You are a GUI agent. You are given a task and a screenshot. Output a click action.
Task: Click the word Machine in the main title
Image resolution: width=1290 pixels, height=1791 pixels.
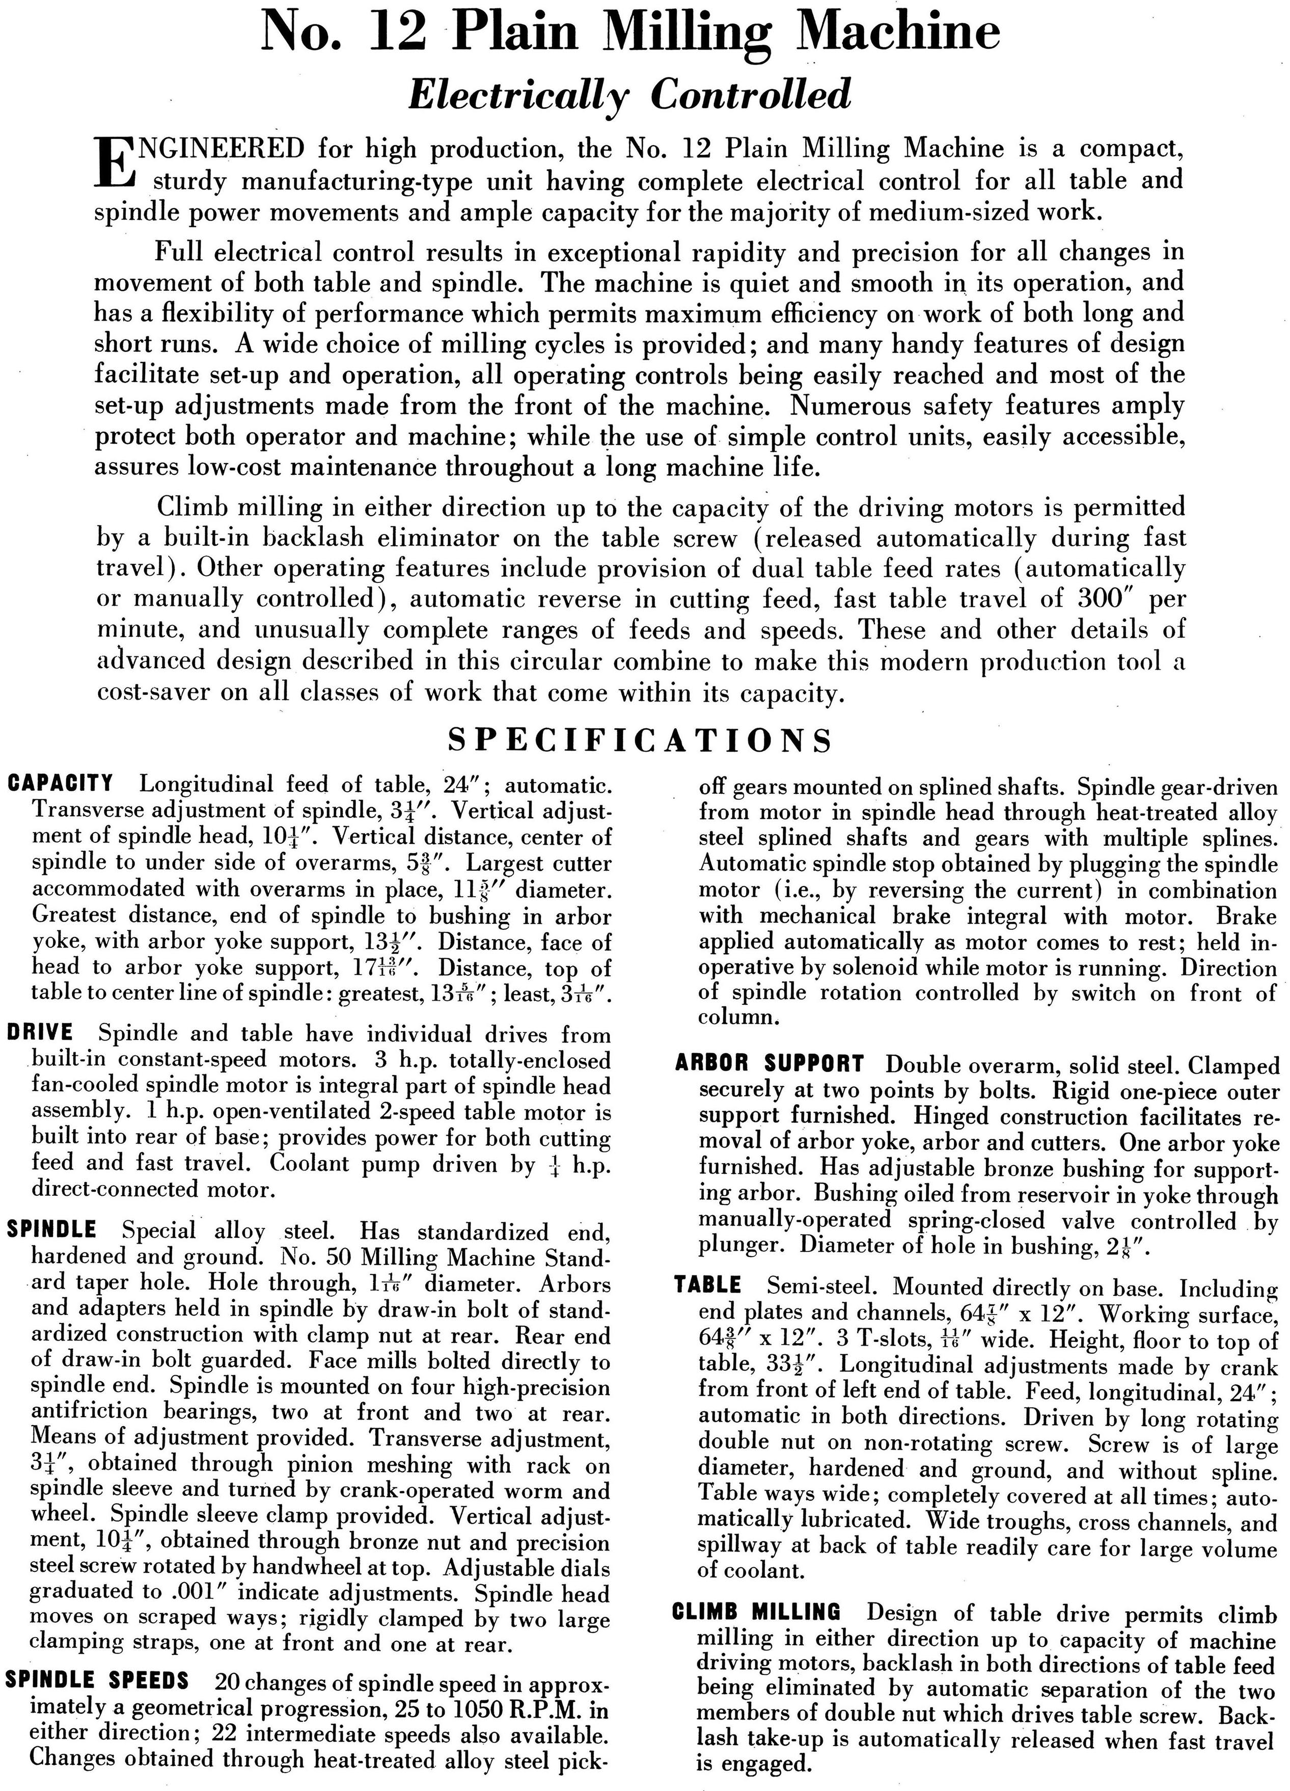(899, 33)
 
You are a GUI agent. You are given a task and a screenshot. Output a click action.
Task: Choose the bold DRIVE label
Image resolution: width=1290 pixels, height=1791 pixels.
(40, 1033)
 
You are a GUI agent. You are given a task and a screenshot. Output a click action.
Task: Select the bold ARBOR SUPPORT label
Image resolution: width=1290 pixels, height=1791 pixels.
(770, 1064)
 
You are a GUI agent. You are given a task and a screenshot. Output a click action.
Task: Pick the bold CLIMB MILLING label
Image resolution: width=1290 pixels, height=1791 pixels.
(757, 1611)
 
